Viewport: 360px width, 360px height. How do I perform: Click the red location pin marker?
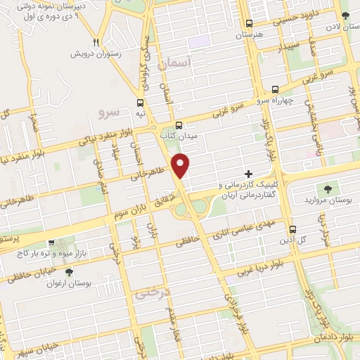click(x=182, y=165)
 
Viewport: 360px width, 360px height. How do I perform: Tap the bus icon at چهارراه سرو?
click(x=274, y=90)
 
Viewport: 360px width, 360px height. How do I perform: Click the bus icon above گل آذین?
click(x=292, y=229)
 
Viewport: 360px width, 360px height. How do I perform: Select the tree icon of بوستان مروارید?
click(x=327, y=188)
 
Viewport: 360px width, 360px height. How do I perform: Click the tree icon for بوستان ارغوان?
click(x=68, y=272)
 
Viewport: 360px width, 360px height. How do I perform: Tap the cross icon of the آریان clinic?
click(x=248, y=173)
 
